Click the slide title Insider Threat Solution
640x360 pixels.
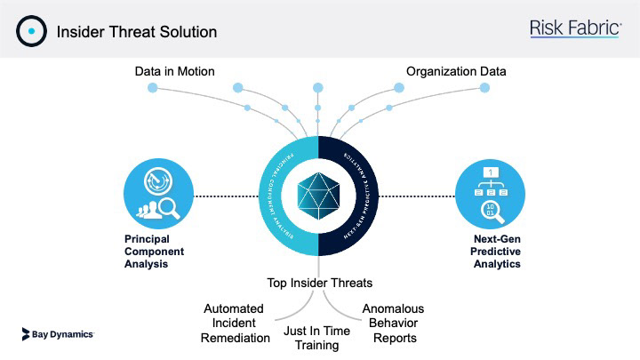[x=137, y=32]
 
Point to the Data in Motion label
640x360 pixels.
[x=175, y=71]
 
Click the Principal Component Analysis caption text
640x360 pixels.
[x=148, y=252]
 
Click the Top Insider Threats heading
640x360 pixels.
[x=320, y=284]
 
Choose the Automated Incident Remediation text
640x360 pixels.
[x=236, y=323]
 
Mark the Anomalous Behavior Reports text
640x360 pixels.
[x=393, y=323]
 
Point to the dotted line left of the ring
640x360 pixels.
[x=226, y=195]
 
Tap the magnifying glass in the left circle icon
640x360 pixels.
[x=171, y=210]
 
